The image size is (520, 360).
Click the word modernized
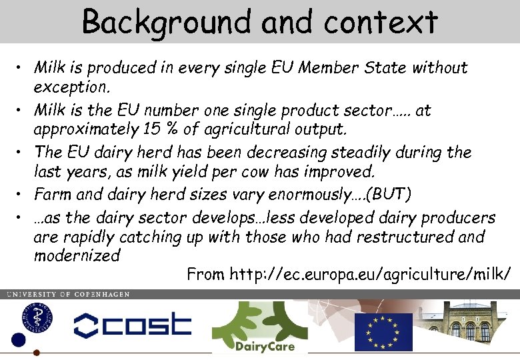coord(77,255)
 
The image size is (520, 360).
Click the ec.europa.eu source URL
coord(371,274)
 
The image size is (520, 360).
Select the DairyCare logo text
coord(264,345)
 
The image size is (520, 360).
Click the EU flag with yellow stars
coord(383,331)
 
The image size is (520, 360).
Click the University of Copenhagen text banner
coord(68,294)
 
